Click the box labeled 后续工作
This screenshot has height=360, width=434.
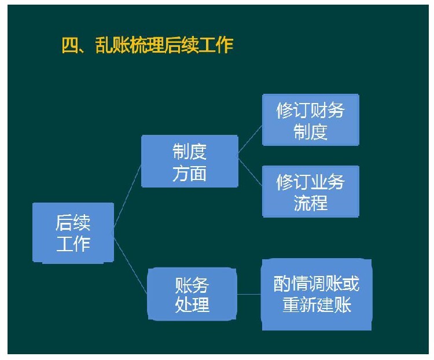pos(73,233)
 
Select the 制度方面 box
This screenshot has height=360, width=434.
pos(190,161)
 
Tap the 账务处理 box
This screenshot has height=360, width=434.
pos(192,294)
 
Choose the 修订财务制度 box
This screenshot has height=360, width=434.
pos(311,120)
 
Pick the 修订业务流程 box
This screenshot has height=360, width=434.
pos(311,192)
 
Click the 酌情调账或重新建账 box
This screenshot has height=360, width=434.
pos(317,295)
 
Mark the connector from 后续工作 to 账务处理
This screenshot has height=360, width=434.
pos(130,264)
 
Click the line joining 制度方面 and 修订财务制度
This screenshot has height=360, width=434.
pos(250,139)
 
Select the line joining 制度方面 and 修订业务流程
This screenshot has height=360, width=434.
pos(250,172)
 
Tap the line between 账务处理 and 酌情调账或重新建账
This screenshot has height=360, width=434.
pos(249,294)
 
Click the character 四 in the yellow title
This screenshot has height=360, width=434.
pos(70,45)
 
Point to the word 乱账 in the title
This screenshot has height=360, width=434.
pos(112,45)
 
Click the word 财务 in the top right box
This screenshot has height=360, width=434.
pos(328,110)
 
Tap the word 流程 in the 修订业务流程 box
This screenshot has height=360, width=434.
pos(311,203)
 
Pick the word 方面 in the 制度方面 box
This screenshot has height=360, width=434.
pos(190,174)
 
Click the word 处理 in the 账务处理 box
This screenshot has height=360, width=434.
pos(192,304)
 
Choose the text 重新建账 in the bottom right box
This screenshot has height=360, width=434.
pos(317,304)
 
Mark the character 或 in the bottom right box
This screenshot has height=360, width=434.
pos(351,283)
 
